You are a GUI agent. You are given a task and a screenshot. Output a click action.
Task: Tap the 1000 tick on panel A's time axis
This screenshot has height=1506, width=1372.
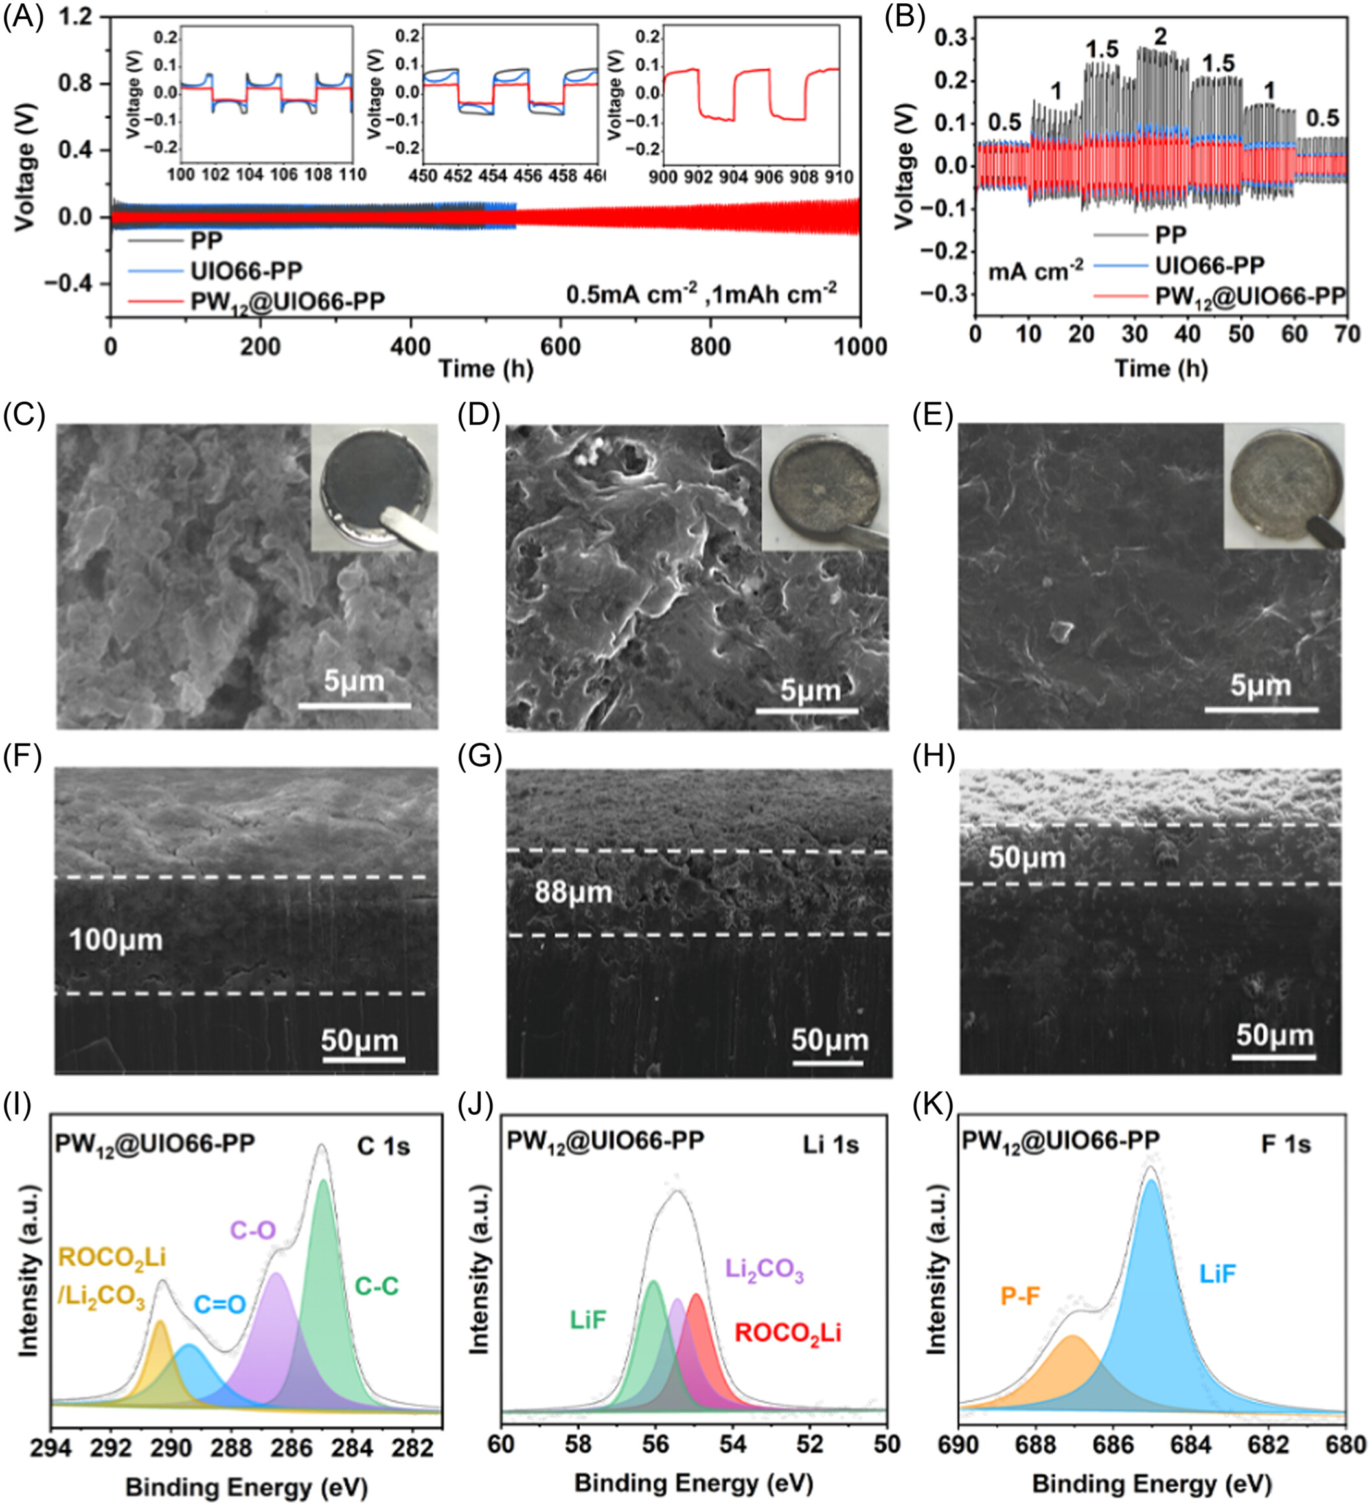tap(860, 347)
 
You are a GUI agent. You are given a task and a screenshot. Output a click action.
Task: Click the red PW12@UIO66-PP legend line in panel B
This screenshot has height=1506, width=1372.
tap(1120, 297)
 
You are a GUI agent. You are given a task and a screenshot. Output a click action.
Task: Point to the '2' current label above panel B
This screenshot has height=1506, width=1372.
tap(1160, 36)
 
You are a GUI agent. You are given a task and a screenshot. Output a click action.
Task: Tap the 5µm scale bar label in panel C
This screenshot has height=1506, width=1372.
tap(354, 681)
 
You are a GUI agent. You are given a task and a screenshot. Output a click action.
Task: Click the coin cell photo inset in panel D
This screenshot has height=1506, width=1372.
tap(825, 488)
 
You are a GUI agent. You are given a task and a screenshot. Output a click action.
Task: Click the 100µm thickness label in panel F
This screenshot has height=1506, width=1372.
tap(116, 940)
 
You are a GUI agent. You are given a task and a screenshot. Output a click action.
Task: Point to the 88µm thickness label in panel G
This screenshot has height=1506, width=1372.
tap(573, 892)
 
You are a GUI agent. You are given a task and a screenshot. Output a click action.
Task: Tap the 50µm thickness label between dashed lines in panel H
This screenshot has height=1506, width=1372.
tap(1027, 857)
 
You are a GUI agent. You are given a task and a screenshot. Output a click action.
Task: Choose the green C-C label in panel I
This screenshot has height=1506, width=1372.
tap(376, 1286)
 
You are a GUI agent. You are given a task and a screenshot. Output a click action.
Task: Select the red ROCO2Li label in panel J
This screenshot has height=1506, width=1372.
tap(788, 1333)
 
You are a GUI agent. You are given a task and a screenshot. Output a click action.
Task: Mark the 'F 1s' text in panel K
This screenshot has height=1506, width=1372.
tap(1285, 1144)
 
